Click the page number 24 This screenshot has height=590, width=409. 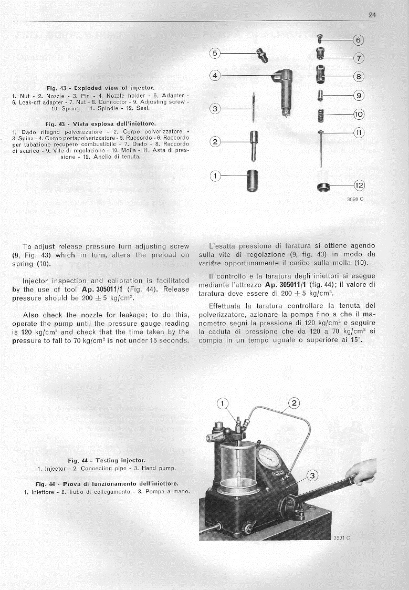click(x=372, y=15)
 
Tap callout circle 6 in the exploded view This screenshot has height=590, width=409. click(x=359, y=40)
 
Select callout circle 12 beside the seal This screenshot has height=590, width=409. click(x=359, y=185)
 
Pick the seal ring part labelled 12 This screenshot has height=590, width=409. click(x=322, y=187)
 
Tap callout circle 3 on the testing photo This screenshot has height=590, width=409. click(x=312, y=477)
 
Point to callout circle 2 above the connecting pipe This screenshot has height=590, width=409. click(x=293, y=403)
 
